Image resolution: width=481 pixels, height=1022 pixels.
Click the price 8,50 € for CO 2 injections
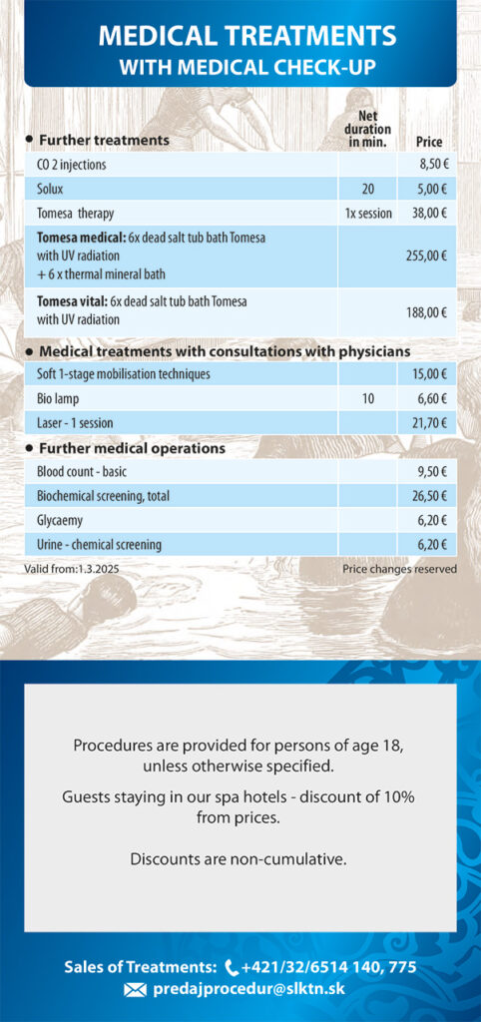433,166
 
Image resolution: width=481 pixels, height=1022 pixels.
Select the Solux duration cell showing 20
368,190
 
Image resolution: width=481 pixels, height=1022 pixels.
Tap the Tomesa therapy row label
76,214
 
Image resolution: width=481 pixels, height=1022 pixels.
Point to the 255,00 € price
426,256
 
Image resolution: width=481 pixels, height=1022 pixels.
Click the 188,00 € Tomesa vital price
426,312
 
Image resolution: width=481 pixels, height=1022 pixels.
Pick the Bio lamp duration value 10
368,398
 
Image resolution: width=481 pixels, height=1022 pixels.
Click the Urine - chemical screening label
100,544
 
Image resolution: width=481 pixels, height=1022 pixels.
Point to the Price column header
429,142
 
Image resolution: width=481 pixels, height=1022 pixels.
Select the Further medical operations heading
133,448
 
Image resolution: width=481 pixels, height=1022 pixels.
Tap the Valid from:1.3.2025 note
72,569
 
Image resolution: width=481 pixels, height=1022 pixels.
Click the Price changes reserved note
399,569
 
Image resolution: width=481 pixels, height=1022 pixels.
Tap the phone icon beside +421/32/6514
232,967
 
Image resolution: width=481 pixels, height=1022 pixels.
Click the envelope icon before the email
135,991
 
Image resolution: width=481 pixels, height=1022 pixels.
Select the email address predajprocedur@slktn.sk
248,989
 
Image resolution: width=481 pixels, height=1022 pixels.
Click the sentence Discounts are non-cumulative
239,859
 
